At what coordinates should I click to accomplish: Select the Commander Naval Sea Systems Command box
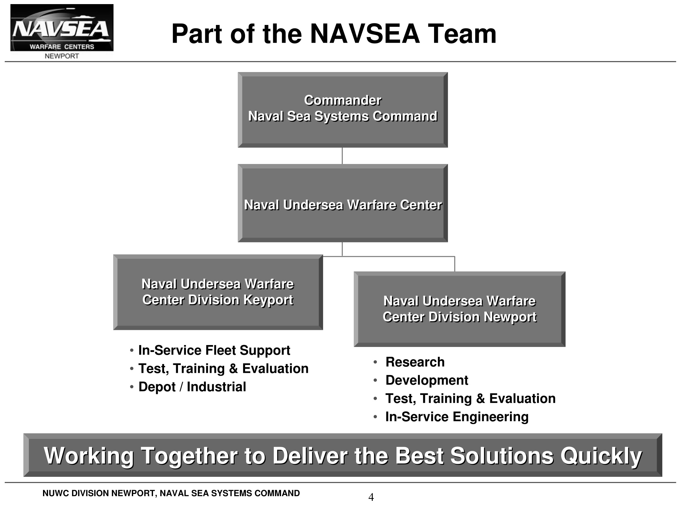pos(343,110)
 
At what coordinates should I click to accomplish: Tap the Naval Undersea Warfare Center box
pos(343,203)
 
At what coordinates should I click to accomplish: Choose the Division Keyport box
pos(218,292)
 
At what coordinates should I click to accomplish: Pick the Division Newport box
pos(460,309)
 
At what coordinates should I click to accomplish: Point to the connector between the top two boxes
pos(342,156)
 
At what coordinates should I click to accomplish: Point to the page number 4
pos(371,497)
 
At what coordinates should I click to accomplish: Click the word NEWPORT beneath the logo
pos(62,56)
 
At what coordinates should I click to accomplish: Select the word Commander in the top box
pos(343,100)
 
